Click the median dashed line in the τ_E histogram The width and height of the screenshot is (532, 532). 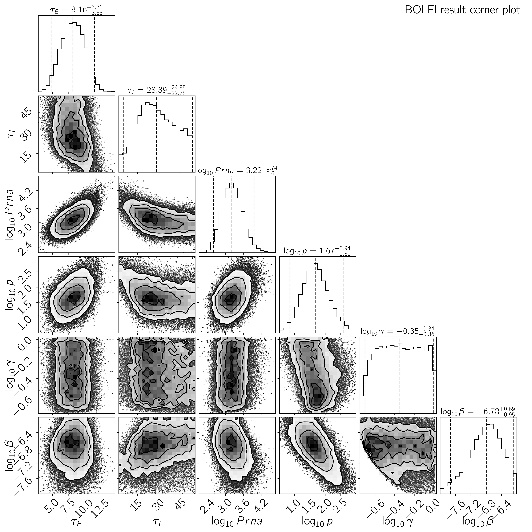[x=73, y=55]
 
